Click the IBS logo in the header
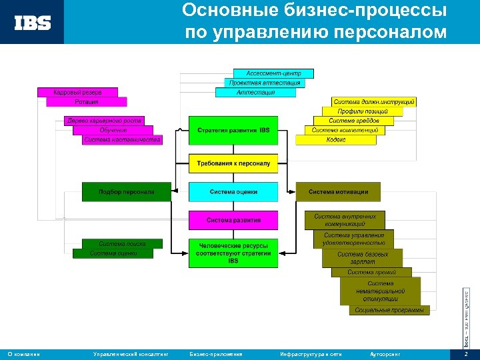[x=33, y=23]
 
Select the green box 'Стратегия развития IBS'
[x=233, y=131]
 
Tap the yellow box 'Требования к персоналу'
[x=233, y=163]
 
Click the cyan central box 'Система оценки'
[x=233, y=192]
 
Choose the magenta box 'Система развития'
[x=233, y=220]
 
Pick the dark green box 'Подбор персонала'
[x=126, y=192]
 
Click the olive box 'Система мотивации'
[x=338, y=192]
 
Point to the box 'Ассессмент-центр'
[x=273, y=73]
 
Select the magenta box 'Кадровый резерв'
[x=77, y=92]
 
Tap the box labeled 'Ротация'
[x=87, y=102]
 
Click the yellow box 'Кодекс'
[x=335, y=140]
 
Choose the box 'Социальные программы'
[x=389, y=310]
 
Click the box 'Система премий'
[x=371, y=272]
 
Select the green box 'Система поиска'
[x=122, y=244]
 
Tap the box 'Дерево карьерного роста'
[x=105, y=121]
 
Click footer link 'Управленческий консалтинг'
[x=131, y=354]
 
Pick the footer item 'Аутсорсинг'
[x=385, y=354]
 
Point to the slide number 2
[x=466, y=354]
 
